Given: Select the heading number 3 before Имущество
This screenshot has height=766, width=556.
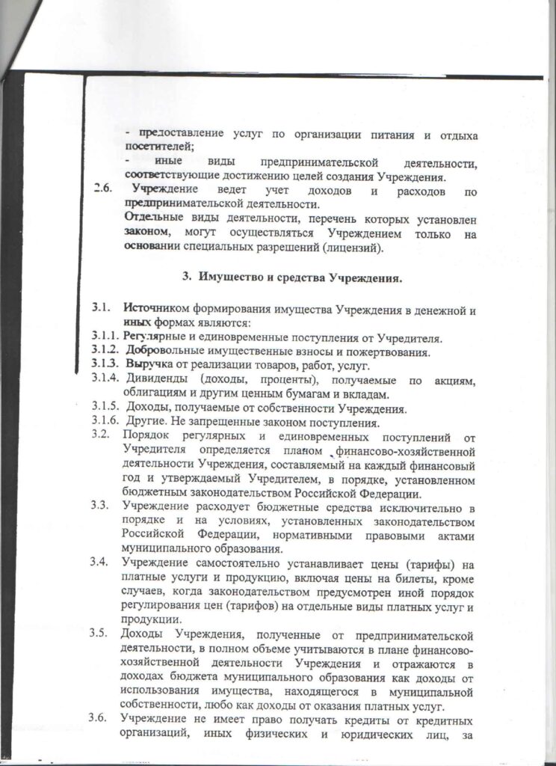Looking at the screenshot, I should tap(187, 278).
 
